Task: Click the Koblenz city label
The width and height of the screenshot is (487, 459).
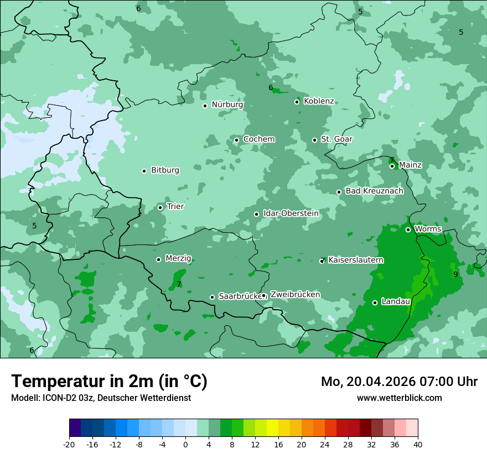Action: (319, 101)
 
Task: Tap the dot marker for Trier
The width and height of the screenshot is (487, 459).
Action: (160, 207)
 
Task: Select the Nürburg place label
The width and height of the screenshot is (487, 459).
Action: (227, 105)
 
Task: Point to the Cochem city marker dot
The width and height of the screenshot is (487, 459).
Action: (236, 140)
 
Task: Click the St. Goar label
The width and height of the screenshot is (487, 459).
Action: (336, 139)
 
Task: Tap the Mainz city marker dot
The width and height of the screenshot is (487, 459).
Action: (392, 166)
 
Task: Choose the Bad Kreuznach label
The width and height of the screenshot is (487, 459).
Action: (374, 191)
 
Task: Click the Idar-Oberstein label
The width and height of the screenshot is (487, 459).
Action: (291, 213)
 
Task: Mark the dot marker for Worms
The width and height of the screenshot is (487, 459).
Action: (408, 229)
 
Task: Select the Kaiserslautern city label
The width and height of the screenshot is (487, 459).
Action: (356, 260)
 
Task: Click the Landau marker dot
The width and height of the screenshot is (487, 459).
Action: (375, 302)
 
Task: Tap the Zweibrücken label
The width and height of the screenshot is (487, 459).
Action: (295, 295)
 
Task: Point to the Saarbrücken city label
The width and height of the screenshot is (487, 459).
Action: (240, 296)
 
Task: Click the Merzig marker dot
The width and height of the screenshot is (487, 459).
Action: (158, 259)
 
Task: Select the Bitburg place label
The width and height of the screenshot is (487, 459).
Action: (165, 170)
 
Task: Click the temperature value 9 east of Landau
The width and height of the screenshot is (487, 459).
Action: (455, 274)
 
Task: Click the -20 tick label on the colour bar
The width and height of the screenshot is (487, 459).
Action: (69, 445)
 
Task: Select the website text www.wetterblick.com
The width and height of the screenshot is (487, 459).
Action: (399, 398)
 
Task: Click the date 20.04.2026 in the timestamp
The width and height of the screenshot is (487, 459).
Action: (374, 382)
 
